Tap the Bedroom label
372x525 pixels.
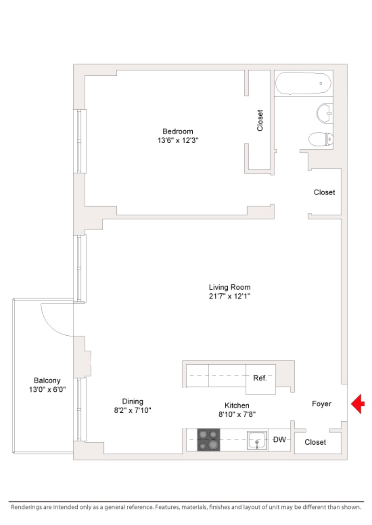click(178, 131)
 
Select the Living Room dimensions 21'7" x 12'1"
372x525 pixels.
click(229, 296)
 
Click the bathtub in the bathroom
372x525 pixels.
click(303, 83)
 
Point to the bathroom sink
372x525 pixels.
click(325, 113)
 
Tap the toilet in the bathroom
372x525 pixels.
click(321, 139)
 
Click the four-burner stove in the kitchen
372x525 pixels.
click(208, 440)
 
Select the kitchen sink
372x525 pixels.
click(257, 440)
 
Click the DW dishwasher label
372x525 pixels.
click(279, 440)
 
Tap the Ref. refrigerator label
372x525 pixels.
click(260, 378)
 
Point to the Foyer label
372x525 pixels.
click(321, 404)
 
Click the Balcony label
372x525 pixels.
click(47, 381)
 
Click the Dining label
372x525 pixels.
click(132, 402)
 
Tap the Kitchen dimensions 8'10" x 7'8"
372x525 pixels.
click(237, 414)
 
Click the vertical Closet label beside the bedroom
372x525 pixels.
click(260, 120)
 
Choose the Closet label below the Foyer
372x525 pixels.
click(315, 442)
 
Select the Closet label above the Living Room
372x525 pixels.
click(324, 192)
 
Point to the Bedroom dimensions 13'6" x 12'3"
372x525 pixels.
click(178, 140)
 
